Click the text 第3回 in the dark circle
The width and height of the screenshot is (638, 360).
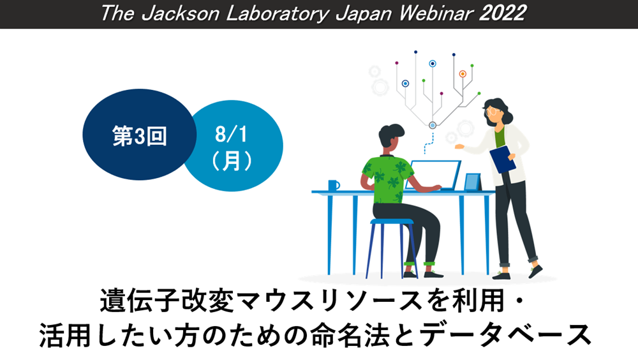click(139, 135)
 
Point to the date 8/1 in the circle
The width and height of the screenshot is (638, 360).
click(231, 134)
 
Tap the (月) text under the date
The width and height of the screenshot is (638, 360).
click(232, 161)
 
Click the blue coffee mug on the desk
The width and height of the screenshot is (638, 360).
click(334, 185)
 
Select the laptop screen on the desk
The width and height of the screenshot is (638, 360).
click(434, 175)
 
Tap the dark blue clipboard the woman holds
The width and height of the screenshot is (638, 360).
click(503, 159)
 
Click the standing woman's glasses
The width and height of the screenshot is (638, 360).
click(492, 111)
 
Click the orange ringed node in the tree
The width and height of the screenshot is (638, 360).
click(463, 73)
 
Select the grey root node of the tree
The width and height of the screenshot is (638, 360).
click(433, 126)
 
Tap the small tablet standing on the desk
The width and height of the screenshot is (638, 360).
click(473, 182)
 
